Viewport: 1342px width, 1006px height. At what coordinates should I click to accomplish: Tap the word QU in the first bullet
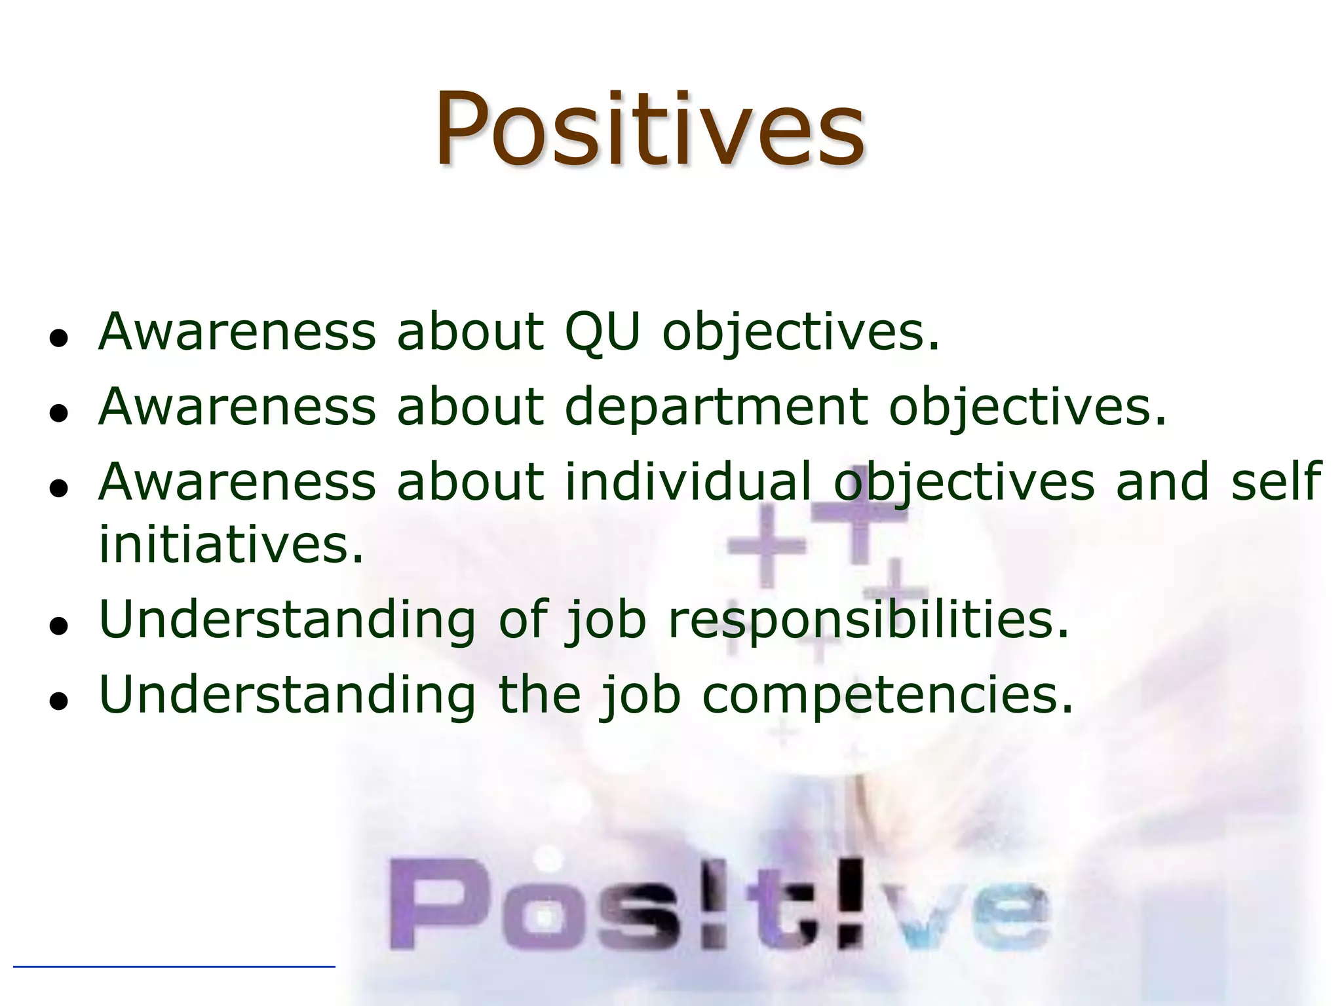pyautogui.click(x=602, y=331)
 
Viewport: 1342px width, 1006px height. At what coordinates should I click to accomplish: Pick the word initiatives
pyautogui.click(x=231, y=544)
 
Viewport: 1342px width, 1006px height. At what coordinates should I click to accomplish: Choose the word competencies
pyautogui.click(x=888, y=695)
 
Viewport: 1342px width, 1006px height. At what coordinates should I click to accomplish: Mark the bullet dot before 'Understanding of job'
pyautogui.click(x=59, y=627)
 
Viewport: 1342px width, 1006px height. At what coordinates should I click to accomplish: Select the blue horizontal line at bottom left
pyautogui.click(x=174, y=966)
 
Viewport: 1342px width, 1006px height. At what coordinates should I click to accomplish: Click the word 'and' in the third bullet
pyautogui.click(x=1162, y=481)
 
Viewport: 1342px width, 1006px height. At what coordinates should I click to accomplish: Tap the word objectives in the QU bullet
pyautogui.click(x=801, y=333)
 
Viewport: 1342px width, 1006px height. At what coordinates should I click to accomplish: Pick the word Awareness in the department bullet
pyautogui.click(x=237, y=406)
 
